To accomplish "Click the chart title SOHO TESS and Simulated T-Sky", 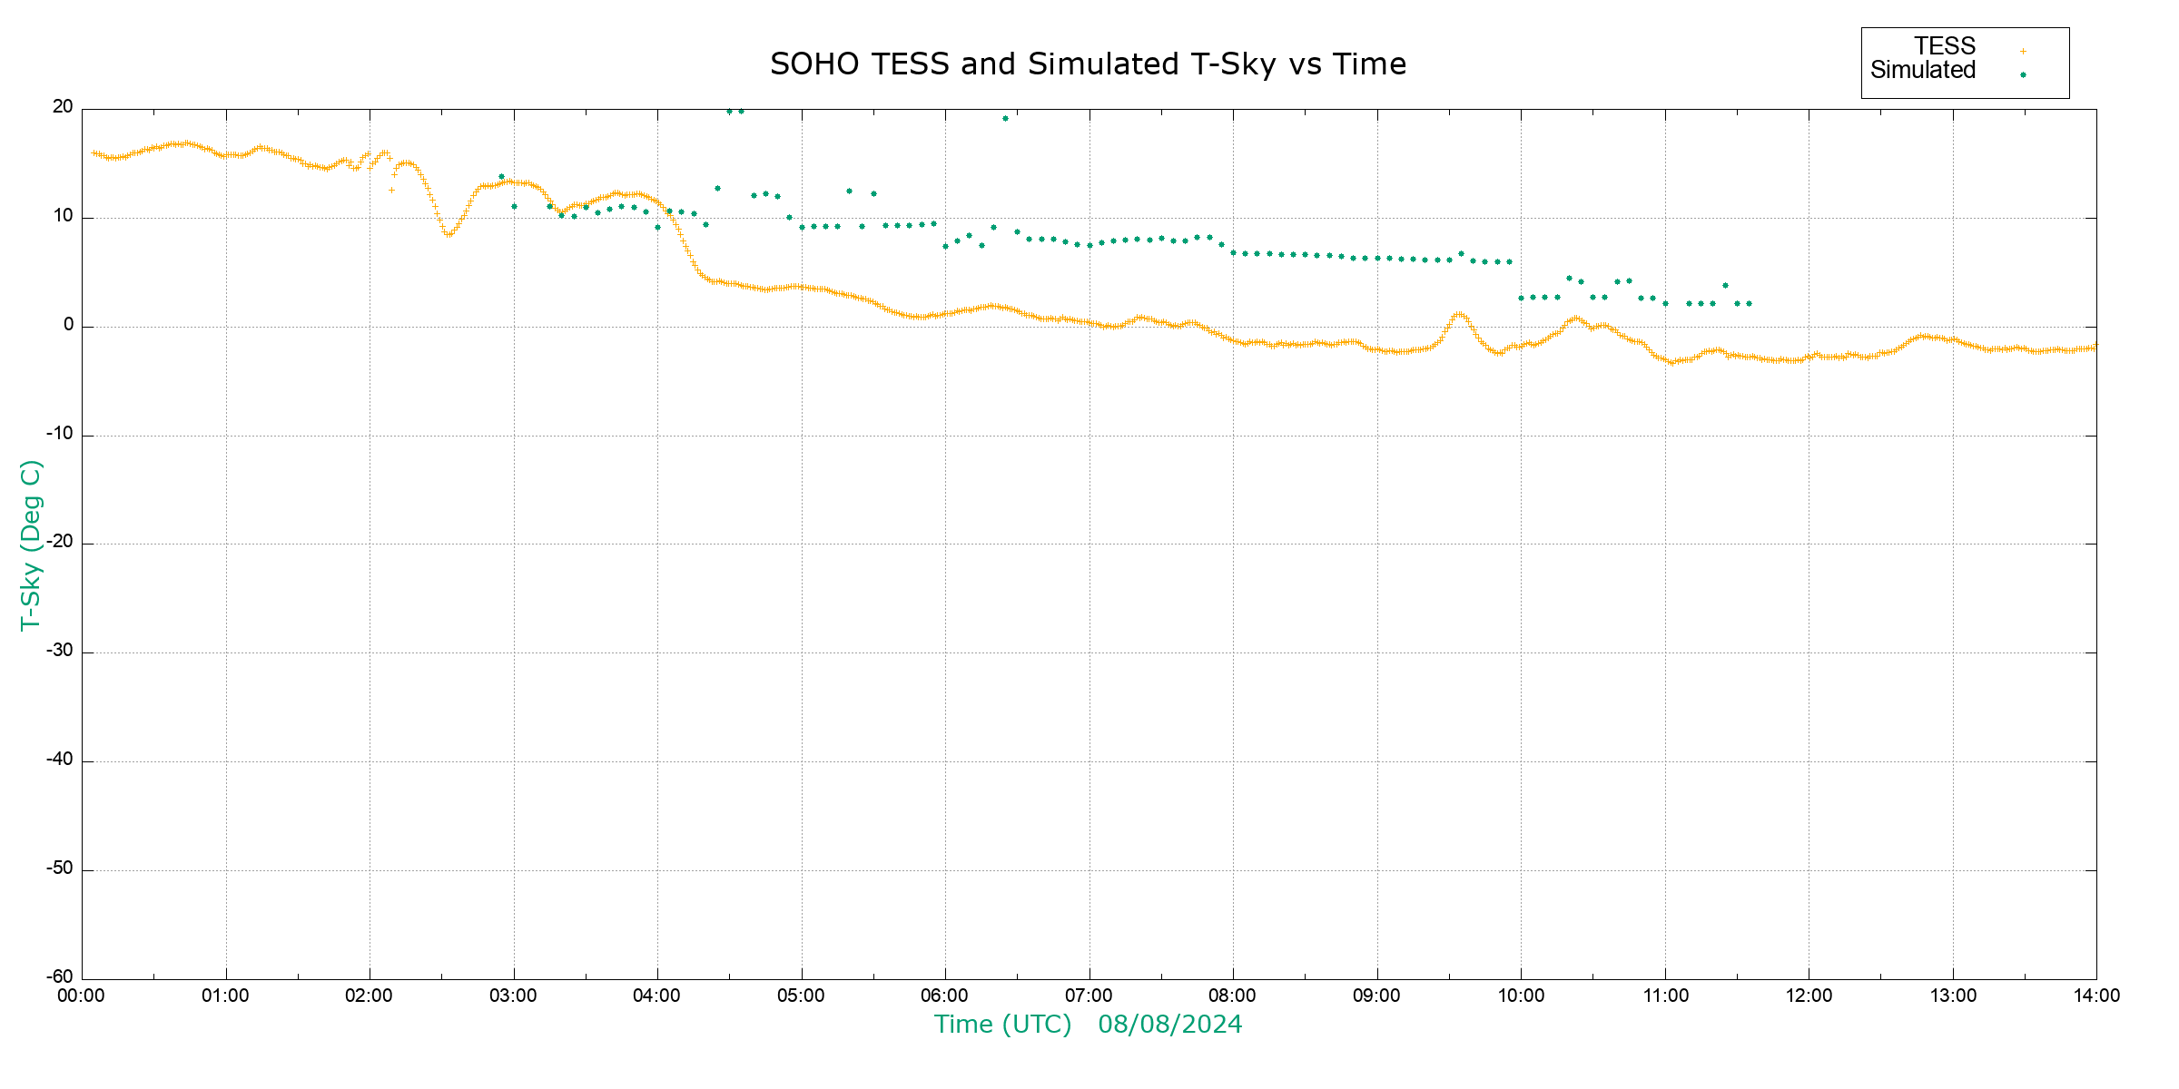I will [x=1088, y=64].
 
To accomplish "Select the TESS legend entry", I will [x=1945, y=46].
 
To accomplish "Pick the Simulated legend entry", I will [x=1923, y=71].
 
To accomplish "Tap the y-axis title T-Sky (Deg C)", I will [x=31, y=544].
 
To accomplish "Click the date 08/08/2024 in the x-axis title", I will [x=1169, y=1025].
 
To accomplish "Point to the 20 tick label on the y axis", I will [x=63, y=107].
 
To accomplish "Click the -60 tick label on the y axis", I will [x=60, y=977].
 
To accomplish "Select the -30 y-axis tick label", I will [x=60, y=651].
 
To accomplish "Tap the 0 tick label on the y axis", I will [x=68, y=325].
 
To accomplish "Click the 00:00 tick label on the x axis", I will [x=82, y=996].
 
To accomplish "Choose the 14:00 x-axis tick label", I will [x=2096, y=996].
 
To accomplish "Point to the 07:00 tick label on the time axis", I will [x=1089, y=996].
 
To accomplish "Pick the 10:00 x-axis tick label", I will [x=1521, y=996].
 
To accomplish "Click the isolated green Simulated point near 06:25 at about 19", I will [x=1005, y=118].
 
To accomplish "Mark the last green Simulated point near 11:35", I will [x=1749, y=303].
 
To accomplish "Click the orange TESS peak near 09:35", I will [x=1458, y=314].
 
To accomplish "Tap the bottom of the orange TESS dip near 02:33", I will [x=448, y=235].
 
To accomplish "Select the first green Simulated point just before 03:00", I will [x=501, y=177].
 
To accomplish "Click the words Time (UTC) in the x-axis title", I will [x=1003, y=1025].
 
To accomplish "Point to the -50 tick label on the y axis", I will [x=60, y=868].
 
